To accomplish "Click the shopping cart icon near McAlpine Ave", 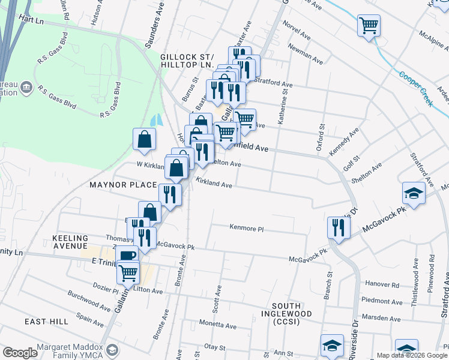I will point(369,26).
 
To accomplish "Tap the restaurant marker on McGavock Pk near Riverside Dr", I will point(339,227).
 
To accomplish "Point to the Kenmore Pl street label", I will point(246,227).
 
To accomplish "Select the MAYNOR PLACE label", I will point(123,184).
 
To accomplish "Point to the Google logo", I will point(20,353).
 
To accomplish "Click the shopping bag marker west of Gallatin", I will point(145,140).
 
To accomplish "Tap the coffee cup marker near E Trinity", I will point(127,256).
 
